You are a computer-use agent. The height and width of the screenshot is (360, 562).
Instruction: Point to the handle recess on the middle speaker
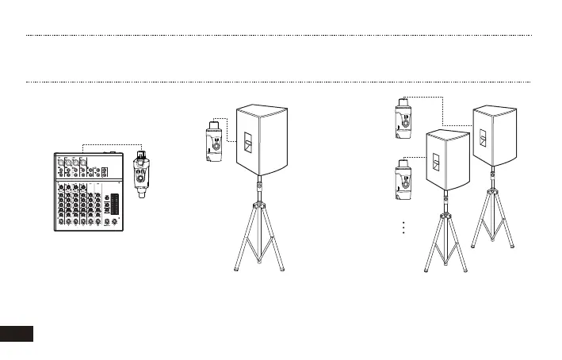pos(247,144)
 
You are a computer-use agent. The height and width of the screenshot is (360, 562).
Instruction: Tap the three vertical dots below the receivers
pos(402,228)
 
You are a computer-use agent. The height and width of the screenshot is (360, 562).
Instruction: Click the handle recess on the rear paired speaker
pos(484,141)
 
